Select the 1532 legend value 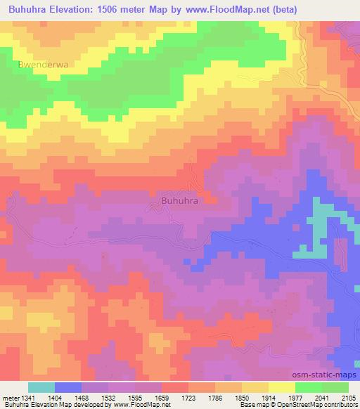tap(108, 397)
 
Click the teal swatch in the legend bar tap(41, 387)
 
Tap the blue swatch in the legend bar tap(68, 387)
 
